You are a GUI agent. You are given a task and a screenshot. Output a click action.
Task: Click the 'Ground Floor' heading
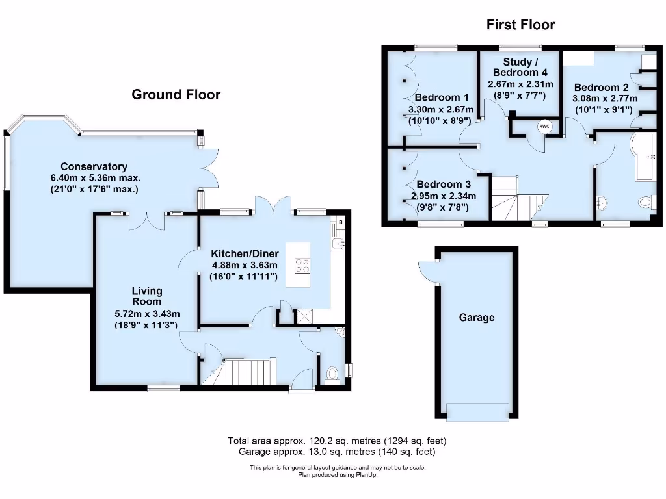point(176,95)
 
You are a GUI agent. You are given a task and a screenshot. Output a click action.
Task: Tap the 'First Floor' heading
point(520,25)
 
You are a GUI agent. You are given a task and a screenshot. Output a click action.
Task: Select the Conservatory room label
point(94,167)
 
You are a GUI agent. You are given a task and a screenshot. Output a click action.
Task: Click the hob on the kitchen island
point(303,265)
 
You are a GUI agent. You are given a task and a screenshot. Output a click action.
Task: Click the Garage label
point(477,318)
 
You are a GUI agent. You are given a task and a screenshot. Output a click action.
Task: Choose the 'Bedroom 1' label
point(442,97)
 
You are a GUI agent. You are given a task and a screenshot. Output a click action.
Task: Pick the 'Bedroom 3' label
point(444,185)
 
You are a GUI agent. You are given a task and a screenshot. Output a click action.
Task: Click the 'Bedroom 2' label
point(601,88)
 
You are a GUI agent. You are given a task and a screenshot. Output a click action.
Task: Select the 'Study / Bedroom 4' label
point(520,68)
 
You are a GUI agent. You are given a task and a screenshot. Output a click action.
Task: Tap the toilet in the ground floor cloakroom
point(332,375)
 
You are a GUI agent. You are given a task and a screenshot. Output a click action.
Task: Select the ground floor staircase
point(244,372)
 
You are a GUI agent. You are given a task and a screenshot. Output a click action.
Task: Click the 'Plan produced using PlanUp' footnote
point(337,475)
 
